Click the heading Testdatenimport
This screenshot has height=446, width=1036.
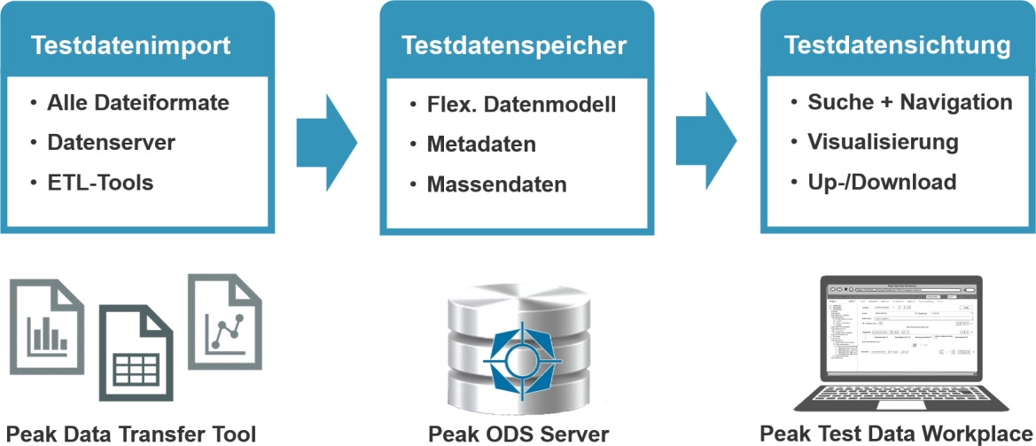point(131,46)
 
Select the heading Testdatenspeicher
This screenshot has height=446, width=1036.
point(514,46)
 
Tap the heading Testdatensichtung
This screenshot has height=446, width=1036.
point(898,45)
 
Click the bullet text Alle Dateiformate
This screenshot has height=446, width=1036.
point(138,103)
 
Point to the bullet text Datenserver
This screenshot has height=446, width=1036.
point(112,143)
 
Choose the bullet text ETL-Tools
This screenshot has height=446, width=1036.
point(100,183)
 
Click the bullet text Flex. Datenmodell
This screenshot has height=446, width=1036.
point(521,105)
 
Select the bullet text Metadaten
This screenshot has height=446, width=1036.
point(481,145)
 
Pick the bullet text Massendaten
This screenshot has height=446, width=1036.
point(496,184)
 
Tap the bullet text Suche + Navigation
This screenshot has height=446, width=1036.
point(909,102)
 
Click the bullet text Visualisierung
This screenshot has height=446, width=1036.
point(883,142)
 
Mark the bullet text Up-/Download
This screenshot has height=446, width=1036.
point(882,182)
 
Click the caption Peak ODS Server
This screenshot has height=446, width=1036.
point(518,434)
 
